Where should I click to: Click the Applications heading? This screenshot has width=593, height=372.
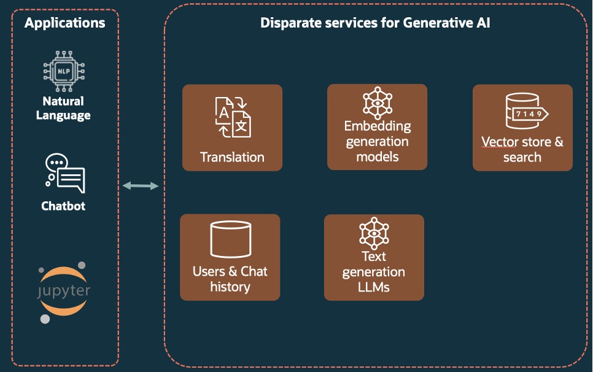[64, 23]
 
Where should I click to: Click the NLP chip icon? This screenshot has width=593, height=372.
[63, 72]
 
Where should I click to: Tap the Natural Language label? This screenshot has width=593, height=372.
[63, 108]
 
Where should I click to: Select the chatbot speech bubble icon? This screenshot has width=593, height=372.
[64, 174]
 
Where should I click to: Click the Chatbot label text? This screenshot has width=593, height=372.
[63, 206]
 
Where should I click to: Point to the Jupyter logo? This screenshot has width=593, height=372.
[63, 292]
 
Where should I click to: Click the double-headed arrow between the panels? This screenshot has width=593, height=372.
[141, 185]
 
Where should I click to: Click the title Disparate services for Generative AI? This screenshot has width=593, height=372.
[375, 23]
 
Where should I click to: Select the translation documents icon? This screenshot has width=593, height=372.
[233, 117]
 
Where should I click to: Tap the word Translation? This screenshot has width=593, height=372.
[232, 157]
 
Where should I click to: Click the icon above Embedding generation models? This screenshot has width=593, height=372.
[377, 103]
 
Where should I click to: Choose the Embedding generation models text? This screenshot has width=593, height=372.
[377, 141]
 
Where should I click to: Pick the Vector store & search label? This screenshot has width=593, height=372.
[522, 149]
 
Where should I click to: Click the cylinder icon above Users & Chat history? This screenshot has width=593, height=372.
[230, 240]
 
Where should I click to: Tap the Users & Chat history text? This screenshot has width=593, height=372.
[230, 279]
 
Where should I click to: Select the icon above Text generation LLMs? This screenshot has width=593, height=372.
[374, 232]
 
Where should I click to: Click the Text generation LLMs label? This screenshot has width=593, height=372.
[374, 271]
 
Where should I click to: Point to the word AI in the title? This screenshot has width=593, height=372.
[481, 23]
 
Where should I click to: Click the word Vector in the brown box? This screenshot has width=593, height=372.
[500, 142]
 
